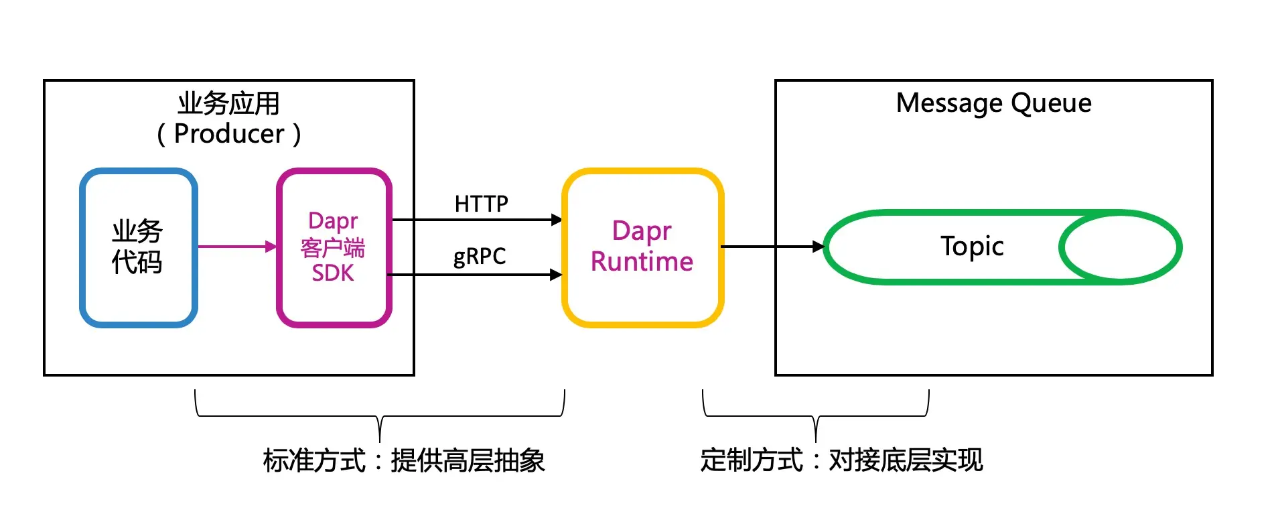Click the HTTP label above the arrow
point(481,204)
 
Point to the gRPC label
point(480,257)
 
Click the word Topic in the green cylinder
point(971,247)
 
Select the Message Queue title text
point(993,103)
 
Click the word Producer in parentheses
point(229,134)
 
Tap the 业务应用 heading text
point(228,103)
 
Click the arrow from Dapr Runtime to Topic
point(770,247)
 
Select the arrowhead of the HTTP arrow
point(556,220)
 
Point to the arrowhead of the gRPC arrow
point(556,275)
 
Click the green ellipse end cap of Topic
point(1120,247)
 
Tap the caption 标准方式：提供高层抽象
point(404,460)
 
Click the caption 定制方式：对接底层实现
point(841,460)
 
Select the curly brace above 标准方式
point(380,415)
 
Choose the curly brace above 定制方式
point(815,415)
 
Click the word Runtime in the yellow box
point(642,261)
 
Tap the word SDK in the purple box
point(333,273)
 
